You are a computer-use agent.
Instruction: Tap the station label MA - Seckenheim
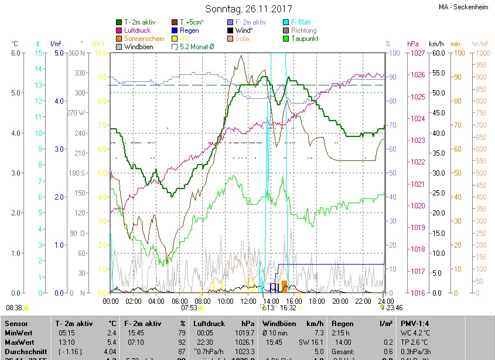pyautogui.click(x=463, y=8)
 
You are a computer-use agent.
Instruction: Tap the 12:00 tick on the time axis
pyautogui.click(x=248, y=301)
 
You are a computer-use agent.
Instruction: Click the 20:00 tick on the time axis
pyautogui.click(x=340, y=301)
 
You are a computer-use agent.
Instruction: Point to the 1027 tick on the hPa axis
pyautogui.click(x=417, y=53)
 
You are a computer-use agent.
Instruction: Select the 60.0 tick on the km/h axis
pyautogui.click(x=436, y=53)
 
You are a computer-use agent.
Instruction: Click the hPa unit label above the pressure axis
pyautogui.click(x=412, y=44)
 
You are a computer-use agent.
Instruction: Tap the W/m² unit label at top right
pyautogui.click(x=480, y=44)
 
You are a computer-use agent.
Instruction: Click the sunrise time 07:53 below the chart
pyautogui.click(x=189, y=307)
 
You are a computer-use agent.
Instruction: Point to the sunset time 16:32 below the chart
pyautogui.click(x=288, y=307)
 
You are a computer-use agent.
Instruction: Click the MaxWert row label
pyautogui.click(x=20, y=342)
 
